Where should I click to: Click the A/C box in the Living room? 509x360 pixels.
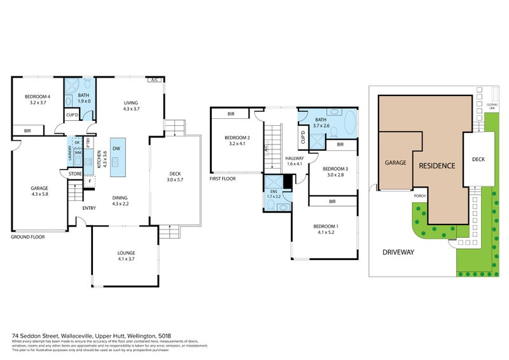[x=153, y=80]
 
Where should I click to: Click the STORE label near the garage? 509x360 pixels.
[x=74, y=173]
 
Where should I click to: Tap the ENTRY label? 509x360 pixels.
[x=89, y=208]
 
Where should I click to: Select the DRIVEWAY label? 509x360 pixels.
[x=398, y=253]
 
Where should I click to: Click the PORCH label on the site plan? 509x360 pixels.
[x=419, y=197]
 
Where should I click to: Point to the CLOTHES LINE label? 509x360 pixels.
[x=491, y=107]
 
